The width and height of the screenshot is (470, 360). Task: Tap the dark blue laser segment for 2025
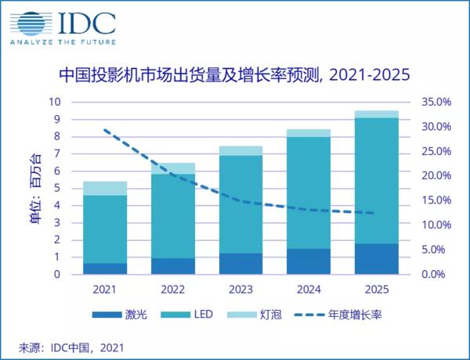(x=376, y=259)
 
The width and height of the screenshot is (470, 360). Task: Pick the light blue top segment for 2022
(x=172, y=168)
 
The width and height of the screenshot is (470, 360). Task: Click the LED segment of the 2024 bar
(x=308, y=193)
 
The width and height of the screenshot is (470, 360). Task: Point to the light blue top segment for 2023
(x=240, y=150)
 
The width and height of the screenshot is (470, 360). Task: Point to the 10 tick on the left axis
(x=55, y=102)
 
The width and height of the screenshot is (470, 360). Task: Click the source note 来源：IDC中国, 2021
(x=70, y=346)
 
